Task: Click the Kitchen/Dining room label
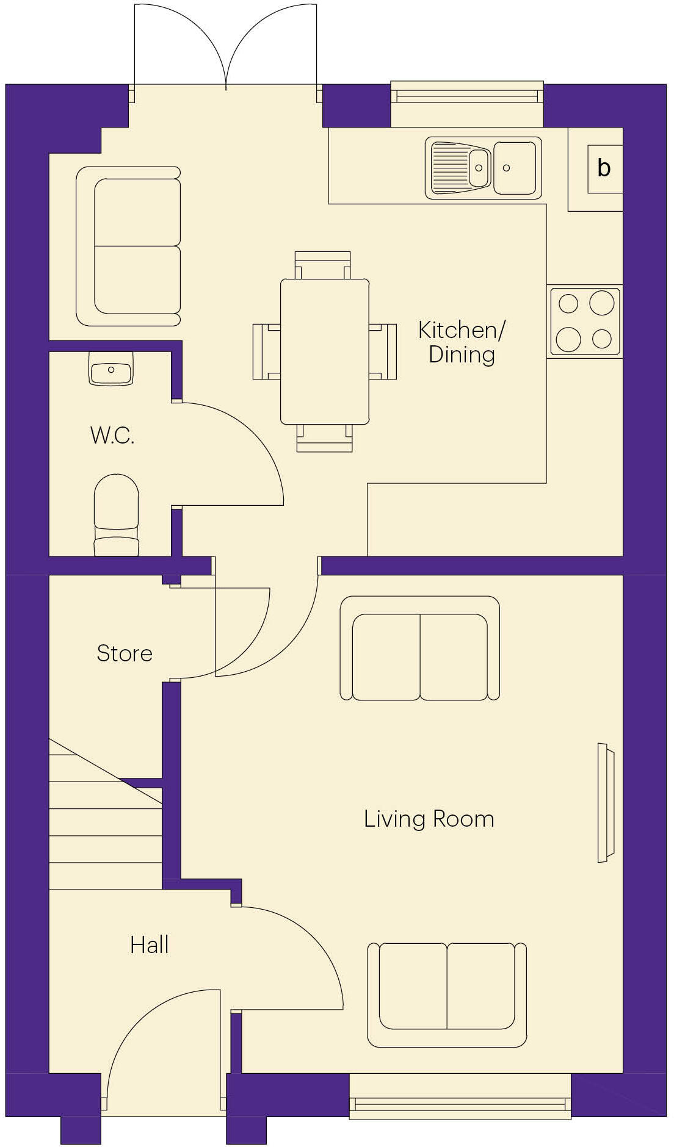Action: pyautogui.click(x=462, y=342)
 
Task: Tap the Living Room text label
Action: pyautogui.click(x=429, y=819)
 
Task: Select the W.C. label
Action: pyautogui.click(x=112, y=436)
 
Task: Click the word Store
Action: pyautogui.click(x=125, y=653)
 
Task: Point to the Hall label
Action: pyautogui.click(x=149, y=945)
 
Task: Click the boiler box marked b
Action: pyautogui.click(x=604, y=168)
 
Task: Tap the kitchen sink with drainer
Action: pyautogui.click(x=483, y=167)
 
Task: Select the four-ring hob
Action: pyautogui.click(x=585, y=321)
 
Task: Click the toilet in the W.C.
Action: pyautogui.click(x=116, y=514)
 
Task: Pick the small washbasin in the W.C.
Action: pyautogui.click(x=111, y=370)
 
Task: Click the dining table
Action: pyautogui.click(x=325, y=351)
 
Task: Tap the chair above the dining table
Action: pyautogui.click(x=323, y=265)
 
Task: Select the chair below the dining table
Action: pyautogui.click(x=324, y=437)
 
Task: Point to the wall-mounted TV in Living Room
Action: pyautogui.click(x=604, y=802)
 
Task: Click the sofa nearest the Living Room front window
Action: pyautogui.click(x=447, y=994)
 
